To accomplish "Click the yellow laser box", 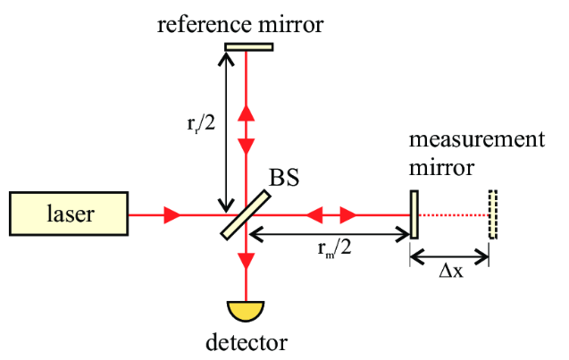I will coord(69,214).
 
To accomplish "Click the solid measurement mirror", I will coord(414,214).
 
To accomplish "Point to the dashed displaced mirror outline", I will coord(492,214).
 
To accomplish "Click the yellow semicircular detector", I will coord(246,309).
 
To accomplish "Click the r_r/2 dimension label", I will coord(196,123).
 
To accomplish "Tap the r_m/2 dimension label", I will coord(332,252).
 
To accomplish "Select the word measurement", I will coord(475,141).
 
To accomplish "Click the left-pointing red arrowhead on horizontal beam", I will coord(312,214).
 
